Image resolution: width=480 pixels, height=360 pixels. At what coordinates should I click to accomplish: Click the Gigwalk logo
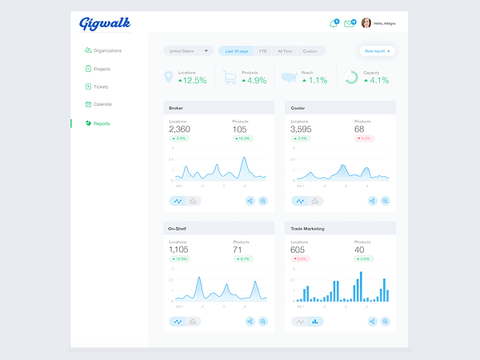click(104, 23)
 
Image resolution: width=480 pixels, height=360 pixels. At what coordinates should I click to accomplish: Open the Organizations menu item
click(106, 50)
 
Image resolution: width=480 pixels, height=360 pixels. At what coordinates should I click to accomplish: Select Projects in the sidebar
click(102, 69)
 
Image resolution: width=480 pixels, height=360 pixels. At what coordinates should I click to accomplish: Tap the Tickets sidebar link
click(100, 86)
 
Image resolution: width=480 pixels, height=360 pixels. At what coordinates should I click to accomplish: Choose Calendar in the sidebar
click(102, 104)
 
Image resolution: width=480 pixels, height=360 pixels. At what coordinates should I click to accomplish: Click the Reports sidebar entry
click(102, 123)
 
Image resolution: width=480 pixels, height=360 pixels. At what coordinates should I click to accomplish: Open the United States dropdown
click(188, 51)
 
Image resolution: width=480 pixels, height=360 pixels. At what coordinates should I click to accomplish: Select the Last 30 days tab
click(237, 51)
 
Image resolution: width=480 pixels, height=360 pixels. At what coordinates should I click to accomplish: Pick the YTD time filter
click(262, 51)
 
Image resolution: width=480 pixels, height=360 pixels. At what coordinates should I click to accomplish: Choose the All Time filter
click(285, 51)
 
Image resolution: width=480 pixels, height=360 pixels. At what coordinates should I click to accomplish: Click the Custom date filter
click(310, 51)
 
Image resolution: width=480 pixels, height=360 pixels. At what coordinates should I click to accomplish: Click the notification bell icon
click(334, 23)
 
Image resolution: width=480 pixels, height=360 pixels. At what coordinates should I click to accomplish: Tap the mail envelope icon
click(349, 23)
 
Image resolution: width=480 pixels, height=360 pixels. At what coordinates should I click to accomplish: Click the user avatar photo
click(366, 23)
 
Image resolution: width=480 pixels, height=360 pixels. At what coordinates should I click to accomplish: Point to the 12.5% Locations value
click(192, 80)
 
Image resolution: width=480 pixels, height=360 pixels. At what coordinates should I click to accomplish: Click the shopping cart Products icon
click(230, 78)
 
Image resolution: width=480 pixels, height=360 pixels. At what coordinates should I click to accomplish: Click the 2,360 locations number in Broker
click(180, 129)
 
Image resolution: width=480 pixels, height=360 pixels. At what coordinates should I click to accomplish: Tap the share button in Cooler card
click(372, 201)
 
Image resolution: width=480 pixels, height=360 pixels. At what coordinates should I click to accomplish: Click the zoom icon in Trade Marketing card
click(385, 321)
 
